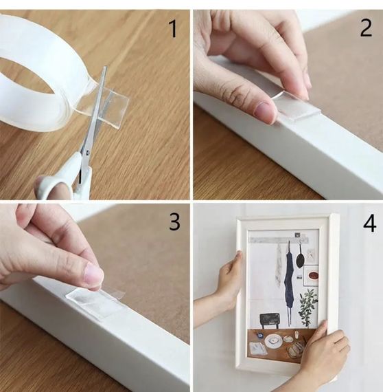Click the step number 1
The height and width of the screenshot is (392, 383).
173,29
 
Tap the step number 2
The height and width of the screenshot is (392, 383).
366,28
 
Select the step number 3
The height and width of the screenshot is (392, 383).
174,221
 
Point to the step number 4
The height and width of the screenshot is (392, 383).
369,224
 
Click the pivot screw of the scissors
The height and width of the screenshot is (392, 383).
88,152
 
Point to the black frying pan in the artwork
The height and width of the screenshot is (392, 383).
300,258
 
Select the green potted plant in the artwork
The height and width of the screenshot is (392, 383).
308,308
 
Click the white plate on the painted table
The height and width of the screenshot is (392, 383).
273,341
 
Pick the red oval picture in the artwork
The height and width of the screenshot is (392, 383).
313,276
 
